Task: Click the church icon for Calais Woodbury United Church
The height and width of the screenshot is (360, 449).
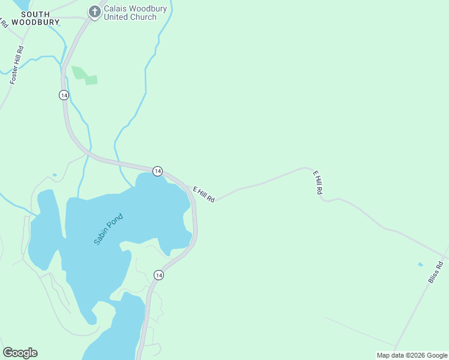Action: click(x=94, y=11)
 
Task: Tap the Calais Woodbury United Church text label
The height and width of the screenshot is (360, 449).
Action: click(x=130, y=12)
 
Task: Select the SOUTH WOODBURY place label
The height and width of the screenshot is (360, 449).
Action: click(x=36, y=18)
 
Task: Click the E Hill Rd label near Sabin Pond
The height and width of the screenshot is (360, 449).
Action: click(x=203, y=194)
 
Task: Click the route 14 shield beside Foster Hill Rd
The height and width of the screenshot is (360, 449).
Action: click(x=64, y=95)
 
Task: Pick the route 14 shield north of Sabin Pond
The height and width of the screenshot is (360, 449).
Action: click(x=157, y=171)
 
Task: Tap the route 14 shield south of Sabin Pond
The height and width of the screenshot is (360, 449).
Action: click(x=158, y=275)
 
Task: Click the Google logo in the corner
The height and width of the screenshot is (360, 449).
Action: click(x=20, y=353)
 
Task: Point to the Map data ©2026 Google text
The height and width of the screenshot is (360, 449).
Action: click(x=412, y=355)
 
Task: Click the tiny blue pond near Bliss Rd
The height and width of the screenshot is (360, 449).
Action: click(x=420, y=264)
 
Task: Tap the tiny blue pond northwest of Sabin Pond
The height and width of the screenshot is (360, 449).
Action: click(x=55, y=175)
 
